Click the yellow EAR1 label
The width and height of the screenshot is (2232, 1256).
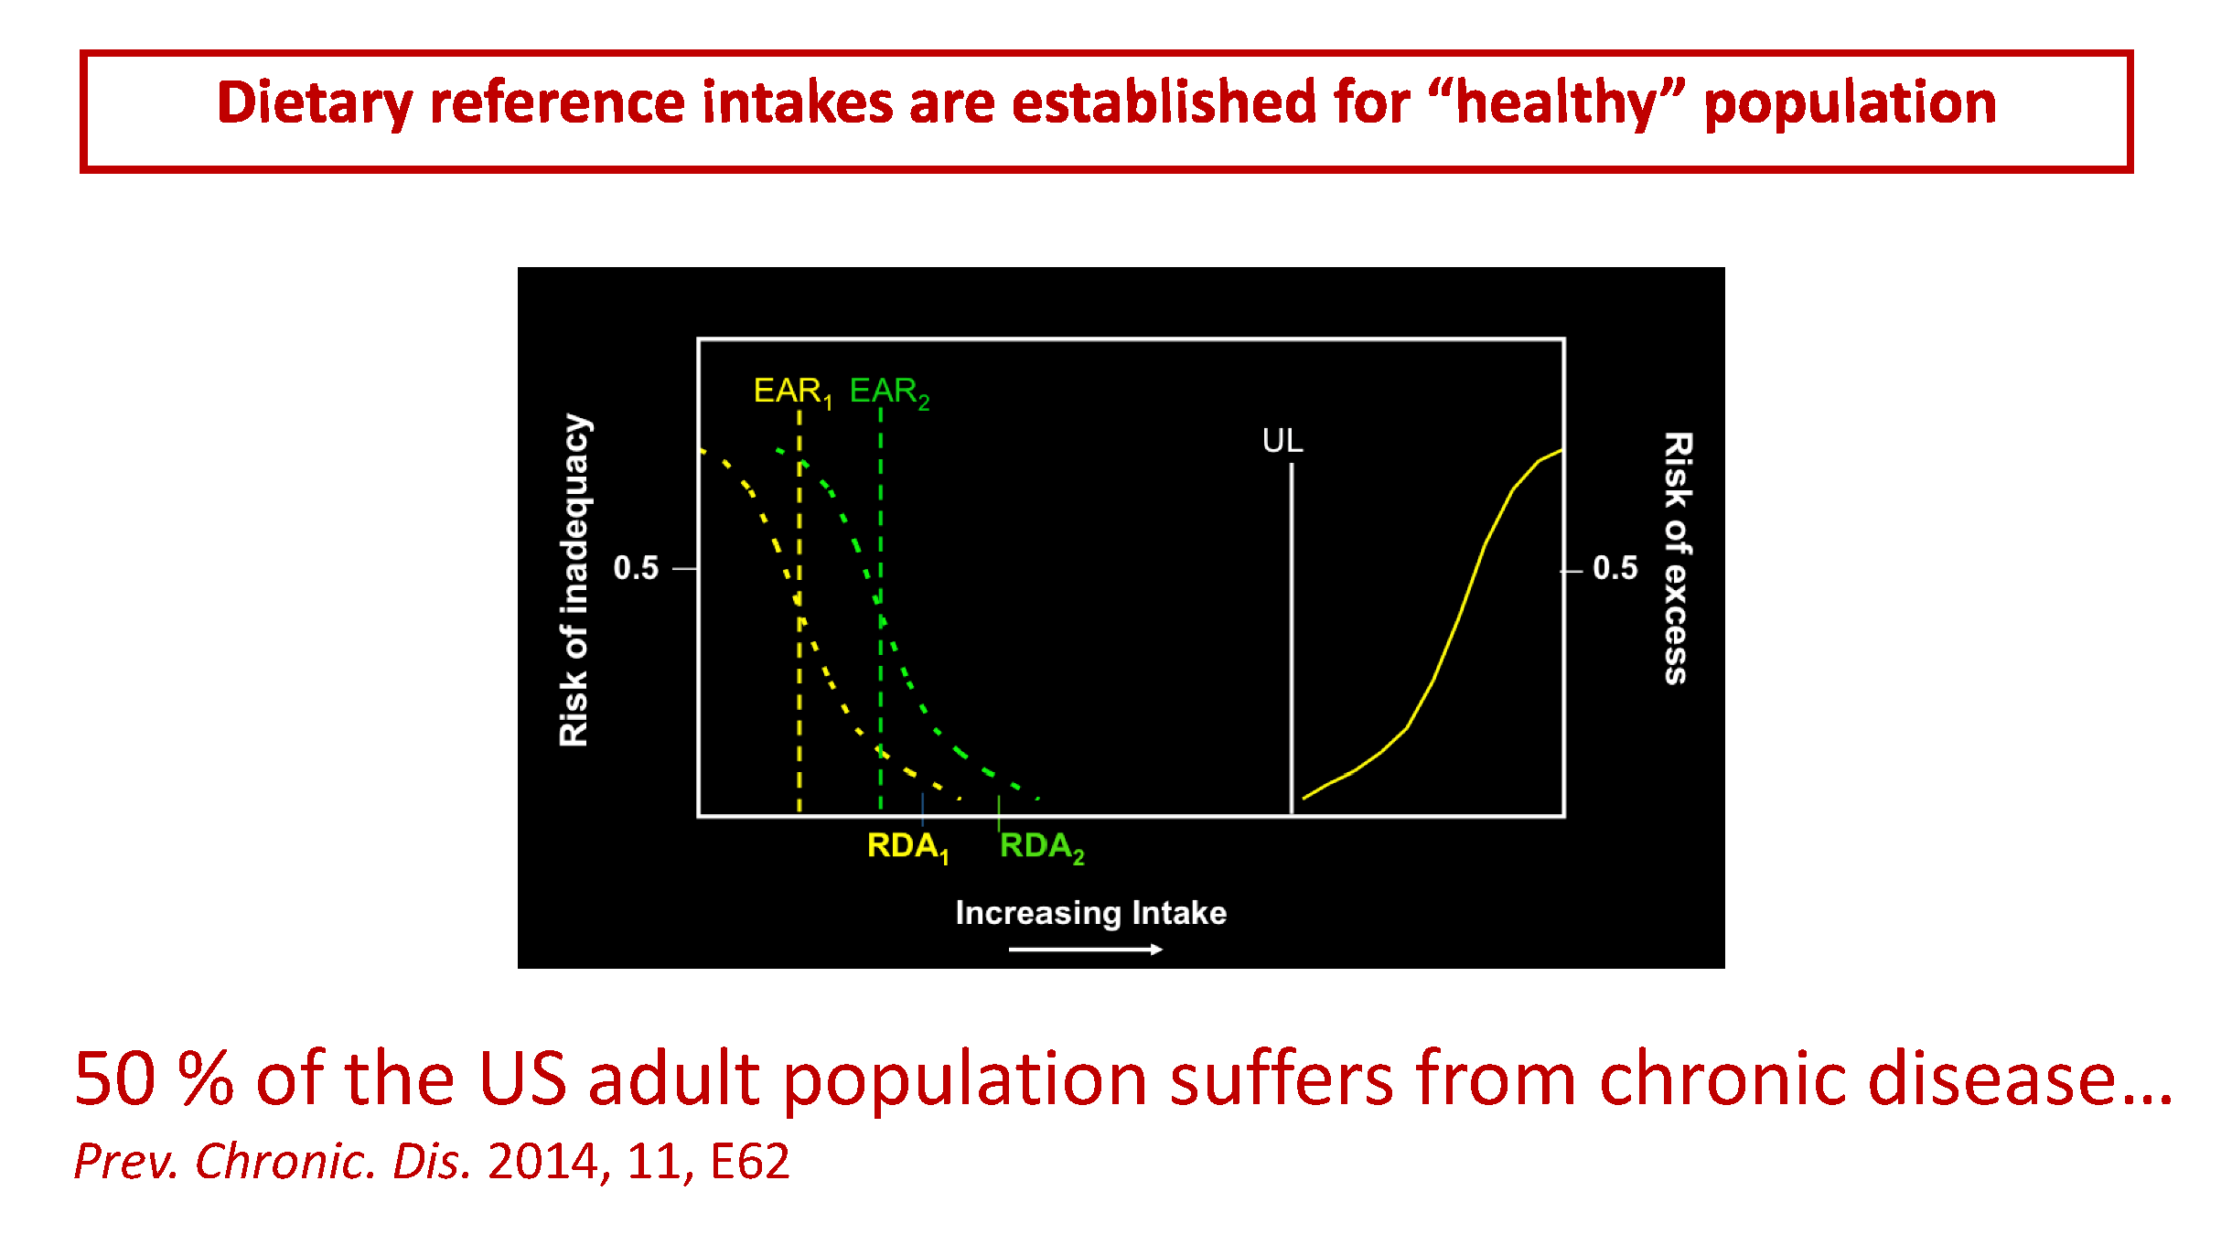(x=791, y=392)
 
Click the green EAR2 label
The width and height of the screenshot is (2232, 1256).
(x=888, y=392)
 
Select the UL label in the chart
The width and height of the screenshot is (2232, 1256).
(x=1282, y=441)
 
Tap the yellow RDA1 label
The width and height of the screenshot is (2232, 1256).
(x=907, y=846)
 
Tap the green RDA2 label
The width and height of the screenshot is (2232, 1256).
(x=1040, y=846)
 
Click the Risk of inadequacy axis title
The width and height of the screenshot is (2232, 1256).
(x=574, y=580)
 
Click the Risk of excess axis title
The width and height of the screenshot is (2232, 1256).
(x=1677, y=558)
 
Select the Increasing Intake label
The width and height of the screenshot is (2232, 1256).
(x=1090, y=913)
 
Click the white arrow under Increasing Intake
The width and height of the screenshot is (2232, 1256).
(x=1085, y=950)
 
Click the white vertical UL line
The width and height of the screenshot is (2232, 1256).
(x=1292, y=640)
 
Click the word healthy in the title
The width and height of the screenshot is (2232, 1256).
(x=1555, y=102)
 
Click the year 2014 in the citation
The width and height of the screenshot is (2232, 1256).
(x=543, y=1162)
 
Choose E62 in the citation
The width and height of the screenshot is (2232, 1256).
(x=749, y=1162)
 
